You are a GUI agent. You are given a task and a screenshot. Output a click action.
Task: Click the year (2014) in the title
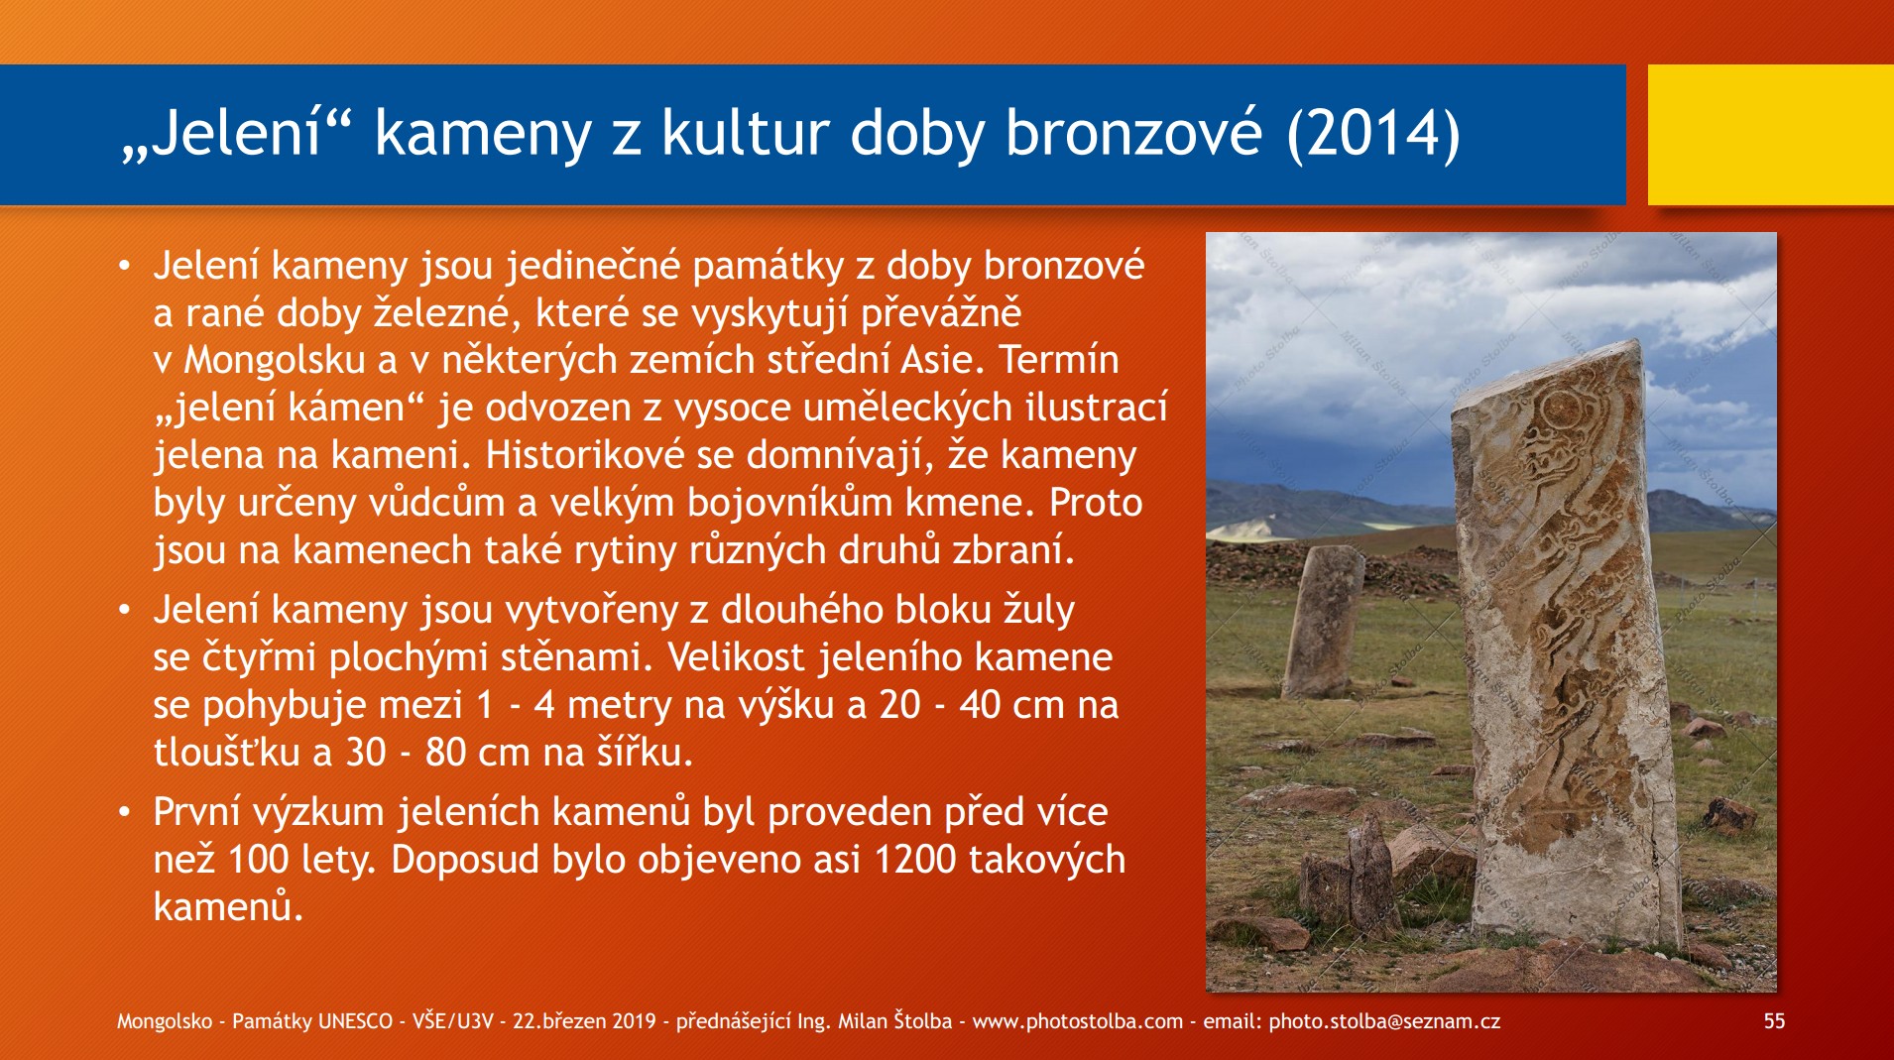pyautogui.click(x=1372, y=133)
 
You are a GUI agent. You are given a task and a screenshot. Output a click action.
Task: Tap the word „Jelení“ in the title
pyautogui.click(x=237, y=133)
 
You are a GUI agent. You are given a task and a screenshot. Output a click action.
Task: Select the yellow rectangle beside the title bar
pyautogui.click(x=1771, y=135)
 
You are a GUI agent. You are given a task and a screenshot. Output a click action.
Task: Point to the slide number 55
pyautogui.click(x=1774, y=1021)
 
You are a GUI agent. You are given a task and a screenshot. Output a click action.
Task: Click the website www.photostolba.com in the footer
pyautogui.click(x=1078, y=1021)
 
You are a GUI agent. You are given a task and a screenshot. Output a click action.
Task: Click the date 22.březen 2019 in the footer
pyautogui.click(x=584, y=1021)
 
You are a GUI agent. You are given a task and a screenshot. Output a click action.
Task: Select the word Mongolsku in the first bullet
pyautogui.click(x=276, y=360)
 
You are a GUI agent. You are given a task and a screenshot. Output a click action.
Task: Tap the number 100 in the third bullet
pyautogui.click(x=258, y=860)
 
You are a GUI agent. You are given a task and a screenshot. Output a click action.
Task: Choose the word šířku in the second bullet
pyautogui.click(x=646, y=753)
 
